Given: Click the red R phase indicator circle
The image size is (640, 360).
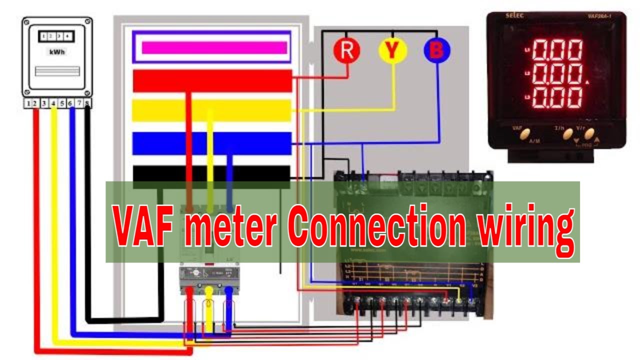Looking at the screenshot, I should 347,50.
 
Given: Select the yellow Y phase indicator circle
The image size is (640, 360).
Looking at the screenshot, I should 393,50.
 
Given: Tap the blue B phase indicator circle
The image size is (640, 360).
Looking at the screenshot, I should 437,50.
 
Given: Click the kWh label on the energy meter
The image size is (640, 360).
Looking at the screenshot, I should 57,52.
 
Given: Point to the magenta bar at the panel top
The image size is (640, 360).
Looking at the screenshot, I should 214,47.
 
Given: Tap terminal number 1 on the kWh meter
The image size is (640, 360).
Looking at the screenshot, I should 29,103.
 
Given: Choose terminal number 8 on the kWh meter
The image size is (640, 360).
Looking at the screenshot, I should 87,103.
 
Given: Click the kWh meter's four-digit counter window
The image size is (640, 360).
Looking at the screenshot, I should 57,36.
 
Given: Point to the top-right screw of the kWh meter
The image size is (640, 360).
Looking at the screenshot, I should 88,22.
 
